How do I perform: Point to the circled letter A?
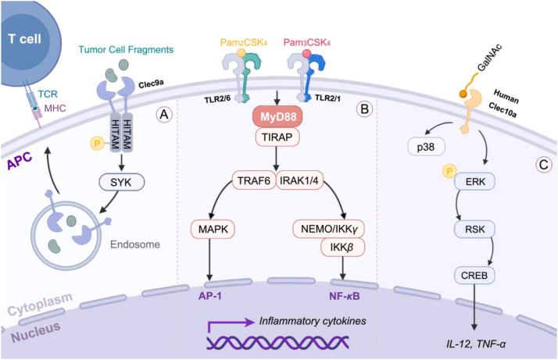(165, 114)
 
